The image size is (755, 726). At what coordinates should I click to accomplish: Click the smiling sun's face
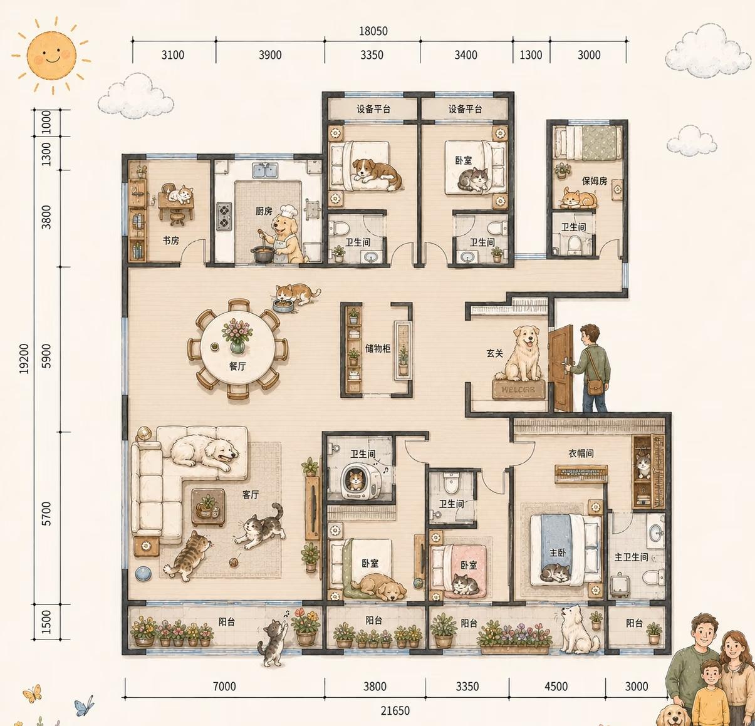coord(51,55)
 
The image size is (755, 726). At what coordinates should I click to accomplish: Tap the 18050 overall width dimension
coord(373,31)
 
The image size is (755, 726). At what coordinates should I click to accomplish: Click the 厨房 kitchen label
coord(263,211)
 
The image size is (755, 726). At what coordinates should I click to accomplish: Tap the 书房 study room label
coord(170,241)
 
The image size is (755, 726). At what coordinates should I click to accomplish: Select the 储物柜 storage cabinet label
coord(377,348)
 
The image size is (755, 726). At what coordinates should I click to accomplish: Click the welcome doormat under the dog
coord(518,389)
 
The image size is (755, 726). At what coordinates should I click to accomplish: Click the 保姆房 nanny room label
coord(595,180)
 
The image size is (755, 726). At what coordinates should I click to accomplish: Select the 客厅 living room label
coord(250,494)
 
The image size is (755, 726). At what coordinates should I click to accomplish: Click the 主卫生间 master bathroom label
coord(631,557)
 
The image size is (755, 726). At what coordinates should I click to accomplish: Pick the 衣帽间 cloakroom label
coord(581,453)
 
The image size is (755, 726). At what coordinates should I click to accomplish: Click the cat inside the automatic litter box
coord(355,479)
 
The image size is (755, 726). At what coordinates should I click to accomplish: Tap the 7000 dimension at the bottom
coord(224,687)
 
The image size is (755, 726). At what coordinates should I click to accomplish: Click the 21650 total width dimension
coord(395,711)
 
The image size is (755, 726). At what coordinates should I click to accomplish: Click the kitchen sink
coord(265,170)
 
